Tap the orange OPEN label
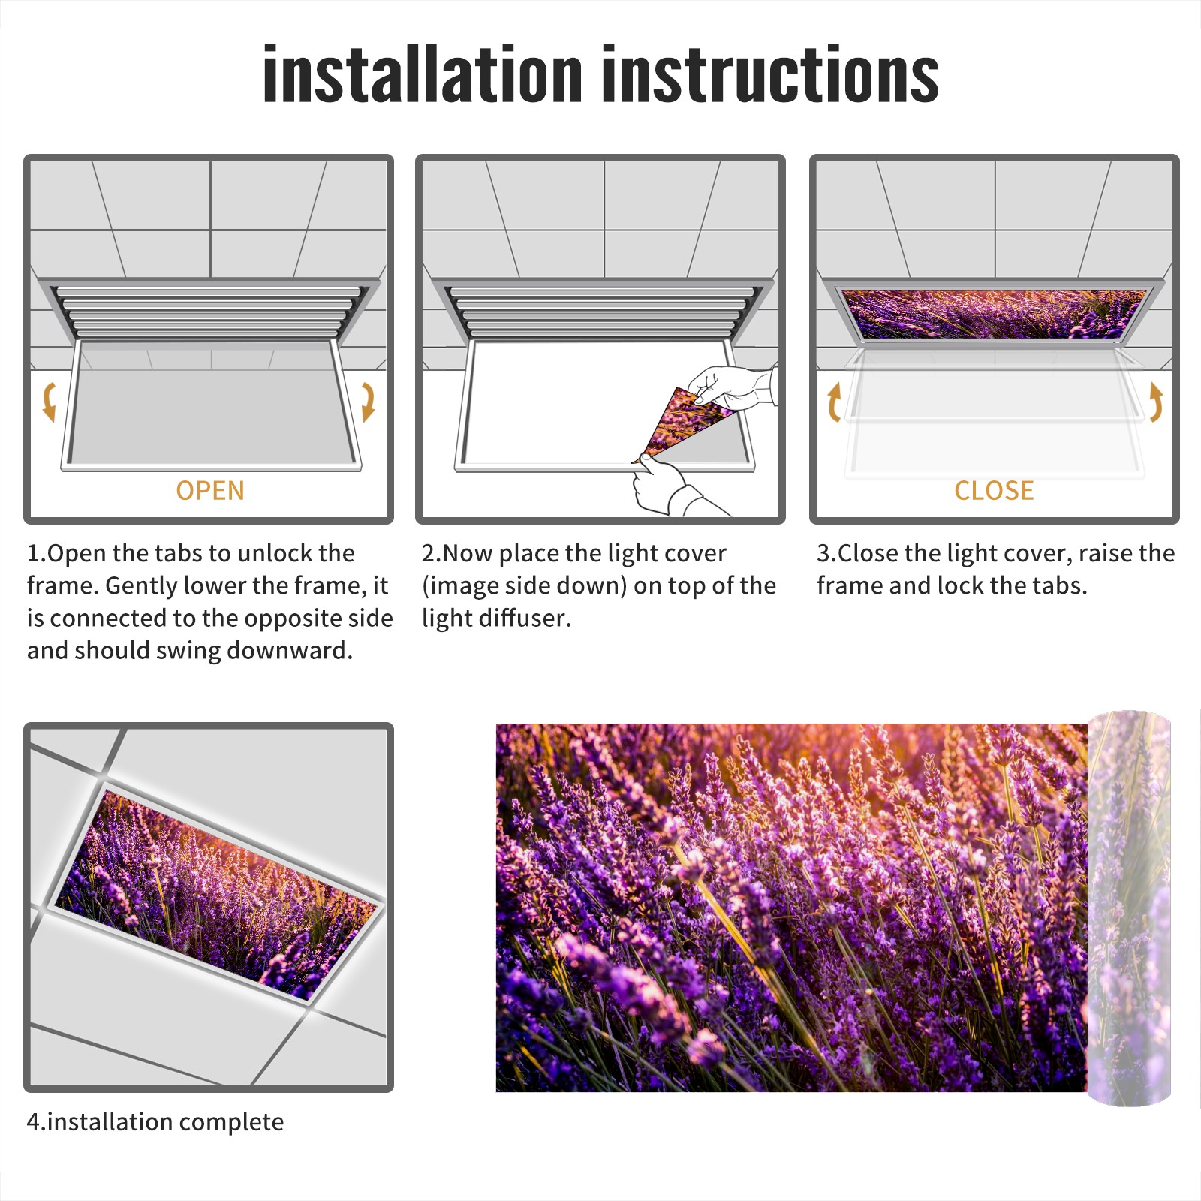tap(210, 490)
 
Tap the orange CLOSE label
tap(994, 490)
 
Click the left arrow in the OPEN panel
tap(49, 402)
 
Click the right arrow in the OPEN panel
tap(368, 402)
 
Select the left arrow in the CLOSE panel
tap(833, 402)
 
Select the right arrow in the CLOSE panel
tap(1156, 402)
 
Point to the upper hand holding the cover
tap(732, 387)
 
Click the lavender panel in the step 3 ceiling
tap(995, 315)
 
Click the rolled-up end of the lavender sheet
tap(1129, 908)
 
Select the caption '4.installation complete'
tap(155, 1122)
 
